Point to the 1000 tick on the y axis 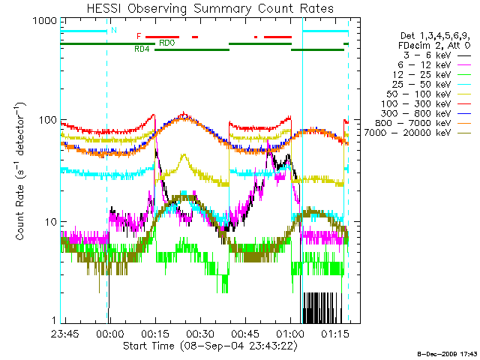[x=46, y=22]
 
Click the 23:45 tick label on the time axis [x=64, y=332]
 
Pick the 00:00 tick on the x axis [x=109, y=332]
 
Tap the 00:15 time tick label [x=154, y=332]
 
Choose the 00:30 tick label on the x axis [x=199, y=332]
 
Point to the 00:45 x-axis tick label [x=244, y=332]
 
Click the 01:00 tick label [x=289, y=332]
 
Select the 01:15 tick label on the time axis [x=334, y=332]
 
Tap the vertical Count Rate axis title [x=22, y=172]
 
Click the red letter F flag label [x=139, y=36]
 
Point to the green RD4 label [x=142, y=49]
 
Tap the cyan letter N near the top [x=113, y=30]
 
